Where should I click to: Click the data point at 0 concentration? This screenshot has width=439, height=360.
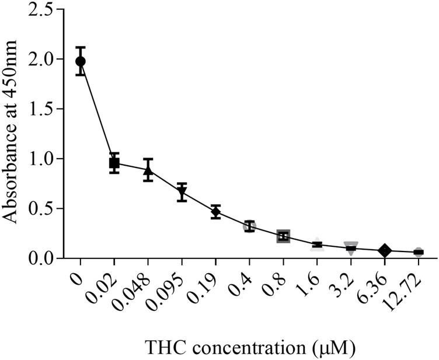81,61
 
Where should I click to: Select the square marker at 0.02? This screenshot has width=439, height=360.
114,163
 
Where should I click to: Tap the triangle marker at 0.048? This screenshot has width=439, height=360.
148,170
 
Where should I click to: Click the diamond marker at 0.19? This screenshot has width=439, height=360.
215,212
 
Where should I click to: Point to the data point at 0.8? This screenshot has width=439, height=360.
283,236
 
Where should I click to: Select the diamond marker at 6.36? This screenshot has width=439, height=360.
384,250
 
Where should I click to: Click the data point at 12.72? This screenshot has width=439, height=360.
418,252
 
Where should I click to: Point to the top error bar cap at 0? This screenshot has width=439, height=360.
81,47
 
